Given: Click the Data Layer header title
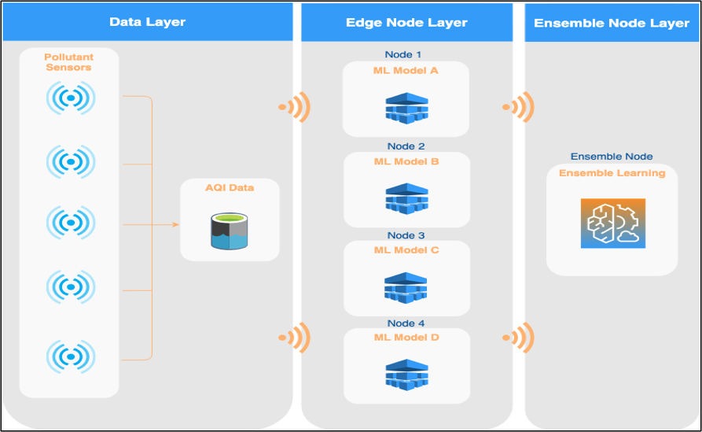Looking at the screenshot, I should (147, 22).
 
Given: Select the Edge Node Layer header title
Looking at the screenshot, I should (407, 23).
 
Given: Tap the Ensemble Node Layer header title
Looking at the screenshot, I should (611, 23).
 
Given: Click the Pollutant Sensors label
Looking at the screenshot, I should (68, 62).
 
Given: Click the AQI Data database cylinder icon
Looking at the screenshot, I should (230, 230).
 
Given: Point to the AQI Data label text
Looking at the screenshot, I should (230, 188).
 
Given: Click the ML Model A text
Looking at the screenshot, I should (406, 71).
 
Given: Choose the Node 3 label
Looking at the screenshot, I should (406, 235).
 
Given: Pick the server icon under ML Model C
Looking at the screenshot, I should (406, 287).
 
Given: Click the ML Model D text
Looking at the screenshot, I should (406, 338).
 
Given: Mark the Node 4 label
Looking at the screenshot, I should (406, 323).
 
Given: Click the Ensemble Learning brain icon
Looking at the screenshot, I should (612, 223).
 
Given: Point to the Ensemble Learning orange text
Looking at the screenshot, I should (612, 173).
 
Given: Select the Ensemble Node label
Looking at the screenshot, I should (612, 157).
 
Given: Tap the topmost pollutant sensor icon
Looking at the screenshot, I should (70, 98).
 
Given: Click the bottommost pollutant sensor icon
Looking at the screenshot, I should (70, 356).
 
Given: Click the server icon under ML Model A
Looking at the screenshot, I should (406, 108).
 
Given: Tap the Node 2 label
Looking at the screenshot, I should (406, 146).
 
